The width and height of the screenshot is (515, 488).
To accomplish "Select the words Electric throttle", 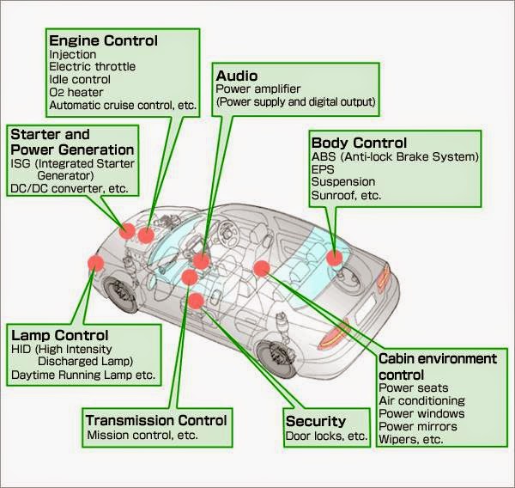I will pyautogui.click(x=92, y=66).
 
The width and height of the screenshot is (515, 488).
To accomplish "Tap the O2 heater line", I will pyautogui.click(x=76, y=92).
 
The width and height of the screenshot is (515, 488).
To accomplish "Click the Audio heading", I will pyautogui.click(x=236, y=75).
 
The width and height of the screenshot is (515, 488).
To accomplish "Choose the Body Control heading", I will pyautogui.click(x=359, y=142).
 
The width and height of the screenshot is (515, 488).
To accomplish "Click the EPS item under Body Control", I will pyautogui.click(x=322, y=169).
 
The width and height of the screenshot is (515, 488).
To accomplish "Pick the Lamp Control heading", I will pyautogui.click(x=59, y=334).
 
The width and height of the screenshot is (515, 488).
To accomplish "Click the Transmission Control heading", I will pyautogui.click(x=156, y=420).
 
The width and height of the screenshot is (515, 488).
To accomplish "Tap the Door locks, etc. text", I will pyautogui.click(x=327, y=436).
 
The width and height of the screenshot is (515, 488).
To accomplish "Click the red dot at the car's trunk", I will pyautogui.click(x=335, y=256).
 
